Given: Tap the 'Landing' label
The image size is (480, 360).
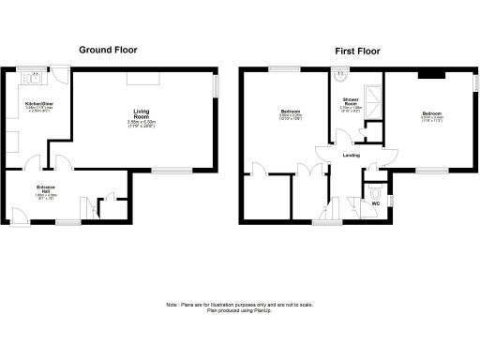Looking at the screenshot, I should [352, 156].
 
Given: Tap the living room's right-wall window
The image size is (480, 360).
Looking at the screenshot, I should [215, 86].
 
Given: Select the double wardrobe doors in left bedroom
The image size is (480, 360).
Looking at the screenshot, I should [305, 170].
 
